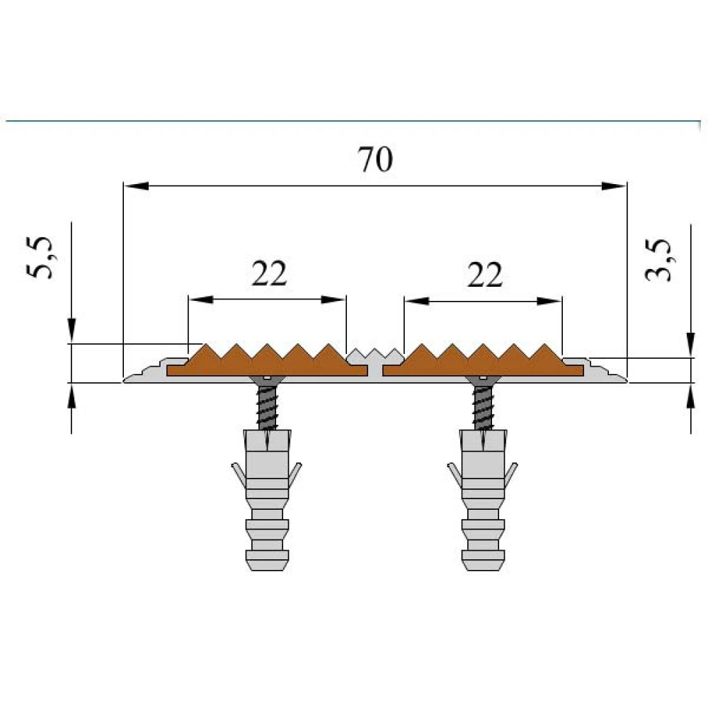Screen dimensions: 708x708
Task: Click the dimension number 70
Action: click(375, 159)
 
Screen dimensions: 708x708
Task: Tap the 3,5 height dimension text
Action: click(658, 260)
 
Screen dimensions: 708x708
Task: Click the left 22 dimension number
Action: click(269, 273)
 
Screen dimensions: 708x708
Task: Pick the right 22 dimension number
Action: click(485, 275)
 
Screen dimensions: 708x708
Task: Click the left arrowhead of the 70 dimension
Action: click(137, 185)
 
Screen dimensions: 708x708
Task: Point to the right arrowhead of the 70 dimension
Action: click(614, 185)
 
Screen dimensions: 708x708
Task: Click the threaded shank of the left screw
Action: click(268, 408)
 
